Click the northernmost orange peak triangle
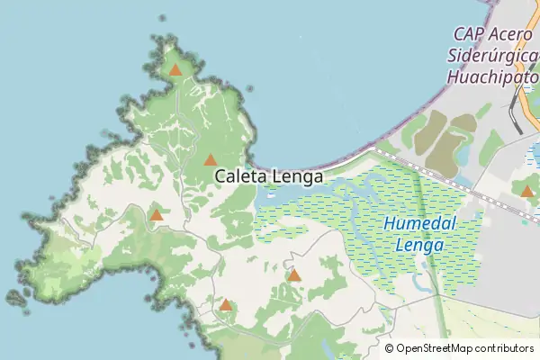pos(175,69)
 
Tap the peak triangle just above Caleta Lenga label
pos(210,160)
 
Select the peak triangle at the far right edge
pos(527,191)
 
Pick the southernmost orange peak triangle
pos(226,305)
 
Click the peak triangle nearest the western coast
pos(157,215)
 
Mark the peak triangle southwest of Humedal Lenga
pos(294,275)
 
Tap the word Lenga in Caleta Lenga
pos(295,177)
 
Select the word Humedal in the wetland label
pos(420,224)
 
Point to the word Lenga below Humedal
pos(420,244)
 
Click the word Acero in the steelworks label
pos(511,33)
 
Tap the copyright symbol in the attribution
pos(390,348)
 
